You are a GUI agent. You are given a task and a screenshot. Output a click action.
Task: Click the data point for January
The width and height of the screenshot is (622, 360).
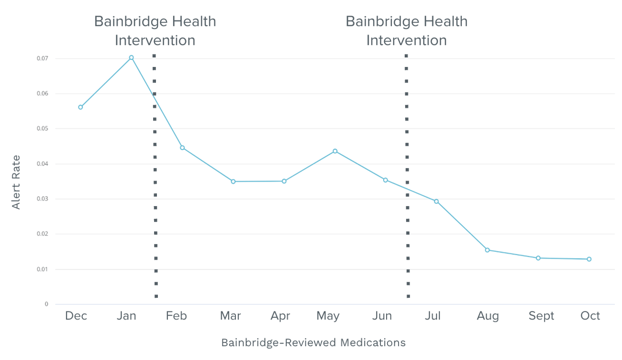(x=131, y=57)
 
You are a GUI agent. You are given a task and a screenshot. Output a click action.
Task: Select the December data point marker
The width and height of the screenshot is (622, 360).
(x=80, y=107)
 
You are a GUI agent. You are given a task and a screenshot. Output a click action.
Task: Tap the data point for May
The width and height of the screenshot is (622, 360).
(x=335, y=151)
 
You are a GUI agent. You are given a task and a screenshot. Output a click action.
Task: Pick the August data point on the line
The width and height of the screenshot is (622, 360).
(x=487, y=250)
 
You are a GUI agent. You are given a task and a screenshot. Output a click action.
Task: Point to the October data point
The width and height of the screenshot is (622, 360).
(x=589, y=259)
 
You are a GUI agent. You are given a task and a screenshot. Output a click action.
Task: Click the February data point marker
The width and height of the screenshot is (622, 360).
(x=182, y=148)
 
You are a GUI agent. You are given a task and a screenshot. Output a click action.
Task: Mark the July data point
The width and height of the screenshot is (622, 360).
(x=436, y=201)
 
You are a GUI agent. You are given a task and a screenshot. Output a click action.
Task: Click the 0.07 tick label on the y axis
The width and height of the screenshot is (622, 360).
(x=42, y=58)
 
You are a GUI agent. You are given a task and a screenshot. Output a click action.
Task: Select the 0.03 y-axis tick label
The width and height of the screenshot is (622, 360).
(x=42, y=199)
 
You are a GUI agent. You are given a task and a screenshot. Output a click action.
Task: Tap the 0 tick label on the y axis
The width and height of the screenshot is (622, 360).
(x=46, y=304)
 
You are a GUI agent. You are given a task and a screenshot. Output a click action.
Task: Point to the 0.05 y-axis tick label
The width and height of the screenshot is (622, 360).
(x=42, y=129)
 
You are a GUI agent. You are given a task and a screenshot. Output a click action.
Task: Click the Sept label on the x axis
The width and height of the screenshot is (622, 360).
(x=541, y=316)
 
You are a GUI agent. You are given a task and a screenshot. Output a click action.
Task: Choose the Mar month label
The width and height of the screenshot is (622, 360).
(x=230, y=316)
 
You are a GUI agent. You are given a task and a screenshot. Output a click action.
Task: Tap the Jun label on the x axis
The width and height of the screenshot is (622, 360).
(x=382, y=316)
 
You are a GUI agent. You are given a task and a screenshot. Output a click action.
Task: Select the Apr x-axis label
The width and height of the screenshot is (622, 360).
(x=280, y=316)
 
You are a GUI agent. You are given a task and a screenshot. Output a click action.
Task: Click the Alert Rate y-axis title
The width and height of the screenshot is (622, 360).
(x=16, y=182)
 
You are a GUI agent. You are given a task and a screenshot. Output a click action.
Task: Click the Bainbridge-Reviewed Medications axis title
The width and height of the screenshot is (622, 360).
(x=313, y=342)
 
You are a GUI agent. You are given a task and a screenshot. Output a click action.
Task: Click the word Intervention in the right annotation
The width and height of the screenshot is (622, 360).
(x=406, y=40)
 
